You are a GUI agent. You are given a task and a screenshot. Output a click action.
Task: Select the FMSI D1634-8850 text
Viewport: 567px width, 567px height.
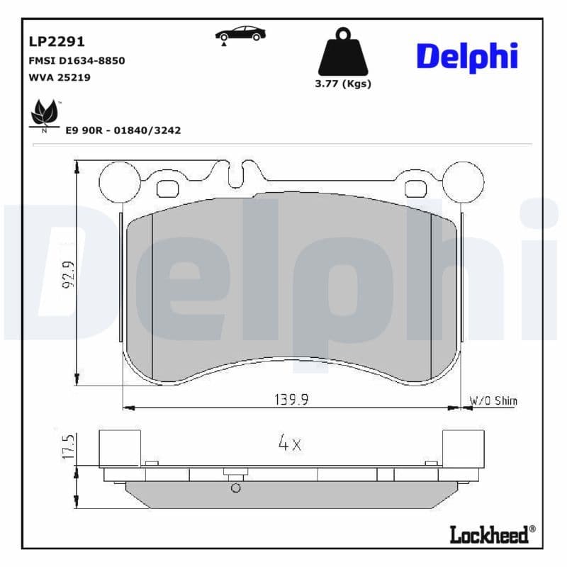77,61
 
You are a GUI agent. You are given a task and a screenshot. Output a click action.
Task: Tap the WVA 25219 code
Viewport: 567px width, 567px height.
59,77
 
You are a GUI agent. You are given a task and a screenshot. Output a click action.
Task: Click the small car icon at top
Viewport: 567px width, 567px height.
240,35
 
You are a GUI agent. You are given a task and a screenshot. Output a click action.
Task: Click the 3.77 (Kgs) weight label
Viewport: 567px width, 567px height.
343,84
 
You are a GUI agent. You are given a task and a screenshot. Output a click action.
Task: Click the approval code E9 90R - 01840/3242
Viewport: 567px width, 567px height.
123,130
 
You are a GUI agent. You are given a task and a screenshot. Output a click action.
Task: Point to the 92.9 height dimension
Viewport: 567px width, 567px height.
69,274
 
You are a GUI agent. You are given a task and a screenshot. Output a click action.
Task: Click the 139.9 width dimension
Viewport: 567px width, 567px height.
291,400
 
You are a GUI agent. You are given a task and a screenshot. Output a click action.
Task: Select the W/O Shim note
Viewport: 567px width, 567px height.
493,401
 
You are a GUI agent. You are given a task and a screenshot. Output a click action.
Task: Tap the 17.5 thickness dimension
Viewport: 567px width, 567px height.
69,447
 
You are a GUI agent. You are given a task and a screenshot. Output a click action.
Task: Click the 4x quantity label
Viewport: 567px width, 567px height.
289,444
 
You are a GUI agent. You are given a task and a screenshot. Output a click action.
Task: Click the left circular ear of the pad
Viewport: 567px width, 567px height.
119,181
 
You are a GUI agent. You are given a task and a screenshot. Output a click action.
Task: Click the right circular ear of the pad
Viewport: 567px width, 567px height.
464,181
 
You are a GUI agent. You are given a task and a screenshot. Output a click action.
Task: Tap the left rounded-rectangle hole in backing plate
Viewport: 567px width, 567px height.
168,189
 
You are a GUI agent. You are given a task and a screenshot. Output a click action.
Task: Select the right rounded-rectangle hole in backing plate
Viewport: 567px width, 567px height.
415,189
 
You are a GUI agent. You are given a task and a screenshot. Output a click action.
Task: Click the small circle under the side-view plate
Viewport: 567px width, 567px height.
236,488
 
